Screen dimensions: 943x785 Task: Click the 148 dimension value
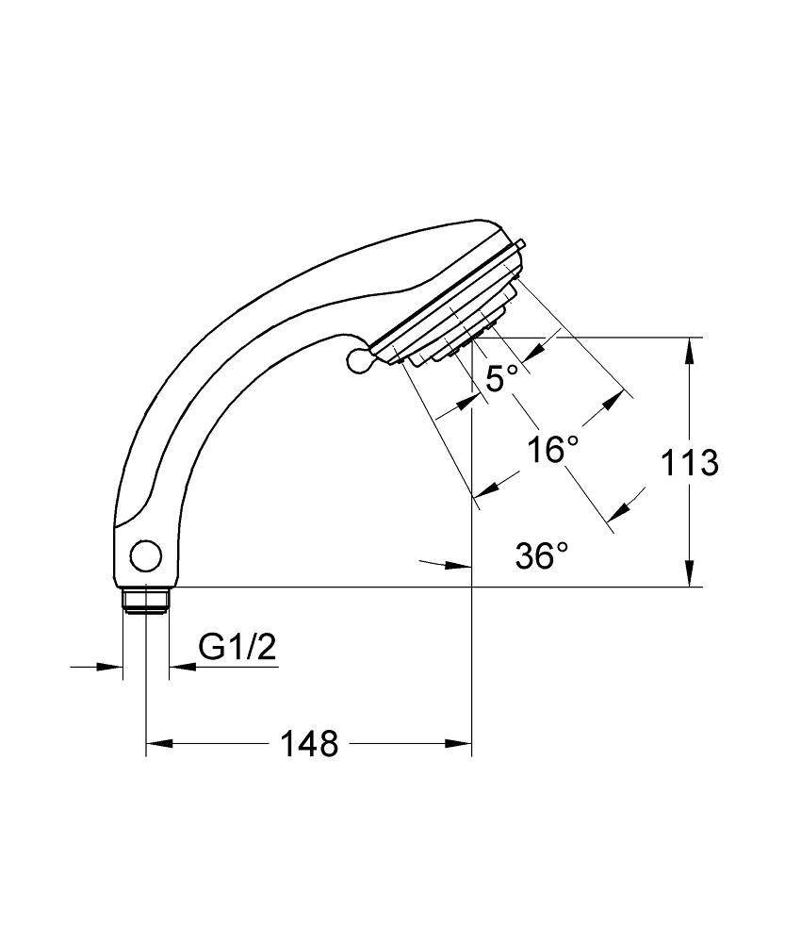[x=309, y=744]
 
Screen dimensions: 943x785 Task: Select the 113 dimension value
[x=689, y=463]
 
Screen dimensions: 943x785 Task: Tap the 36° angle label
[x=542, y=556]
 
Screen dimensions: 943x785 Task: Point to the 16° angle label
[x=552, y=450]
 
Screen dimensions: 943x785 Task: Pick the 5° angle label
[x=501, y=379]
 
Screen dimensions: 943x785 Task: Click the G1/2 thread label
[x=237, y=648]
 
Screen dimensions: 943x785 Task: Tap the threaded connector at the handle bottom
[x=145, y=600]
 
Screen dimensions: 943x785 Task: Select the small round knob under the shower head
[x=358, y=359]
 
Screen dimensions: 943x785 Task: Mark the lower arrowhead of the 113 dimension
[x=691, y=576]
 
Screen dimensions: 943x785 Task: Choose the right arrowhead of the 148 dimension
[x=460, y=744]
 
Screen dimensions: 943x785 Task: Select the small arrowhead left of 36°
[x=459, y=565]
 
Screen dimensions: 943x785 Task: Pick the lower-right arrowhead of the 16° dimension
[x=620, y=510]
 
